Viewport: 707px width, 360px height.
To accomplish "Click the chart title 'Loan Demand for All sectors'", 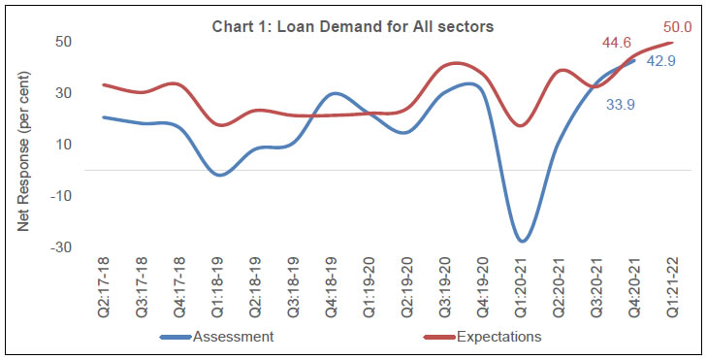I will click(x=353, y=26).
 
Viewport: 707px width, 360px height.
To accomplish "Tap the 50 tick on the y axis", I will click(x=65, y=42).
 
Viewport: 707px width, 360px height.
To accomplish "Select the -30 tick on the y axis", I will click(x=61, y=247).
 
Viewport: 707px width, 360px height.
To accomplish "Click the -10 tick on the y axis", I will click(x=61, y=196).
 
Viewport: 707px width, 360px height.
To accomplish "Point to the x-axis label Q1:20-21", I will click(x=521, y=288).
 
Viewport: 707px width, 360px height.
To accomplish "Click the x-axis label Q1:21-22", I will click(x=673, y=288).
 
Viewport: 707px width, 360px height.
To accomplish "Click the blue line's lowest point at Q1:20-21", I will click(x=522, y=241).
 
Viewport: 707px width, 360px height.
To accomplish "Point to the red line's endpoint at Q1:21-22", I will click(x=673, y=42).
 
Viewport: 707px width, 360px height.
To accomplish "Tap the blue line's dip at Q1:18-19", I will click(x=220, y=175).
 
